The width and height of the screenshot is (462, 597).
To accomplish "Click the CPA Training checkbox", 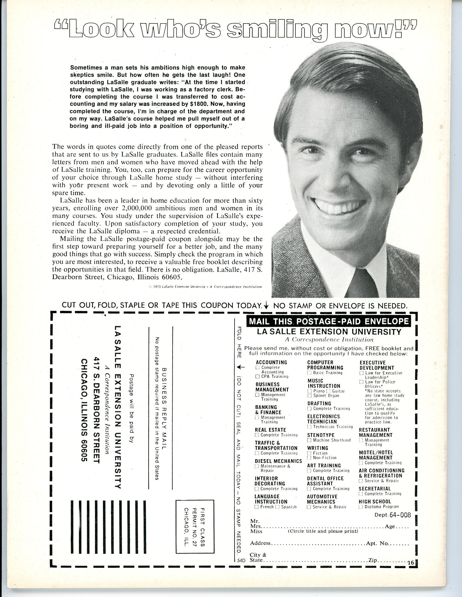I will coord(257,377).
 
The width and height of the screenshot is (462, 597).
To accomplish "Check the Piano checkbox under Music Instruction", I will coord(309,391).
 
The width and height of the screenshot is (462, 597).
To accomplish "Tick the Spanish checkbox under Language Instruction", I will coord(278,507).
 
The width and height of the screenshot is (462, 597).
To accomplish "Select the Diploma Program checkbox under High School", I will coord(361,507).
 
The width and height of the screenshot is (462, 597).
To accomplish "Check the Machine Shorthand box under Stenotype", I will coord(309,440).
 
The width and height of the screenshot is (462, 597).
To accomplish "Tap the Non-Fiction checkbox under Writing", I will coord(309,458).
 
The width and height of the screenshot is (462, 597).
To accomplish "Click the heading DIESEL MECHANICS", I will coord(278,461).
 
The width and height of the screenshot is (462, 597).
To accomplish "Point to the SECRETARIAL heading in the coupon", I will coord(375,489).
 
